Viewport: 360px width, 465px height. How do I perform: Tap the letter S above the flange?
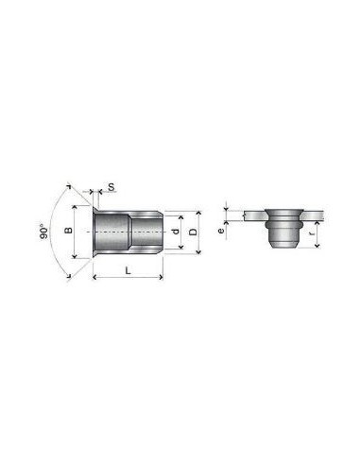click(x=111, y=187)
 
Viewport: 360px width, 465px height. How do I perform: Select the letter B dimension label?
click(x=68, y=231)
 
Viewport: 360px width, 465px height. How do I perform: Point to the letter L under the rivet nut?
click(x=128, y=270)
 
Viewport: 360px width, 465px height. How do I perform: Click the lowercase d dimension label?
click(x=176, y=231)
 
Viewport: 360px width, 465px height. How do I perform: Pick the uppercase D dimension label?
click(x=193, y=232)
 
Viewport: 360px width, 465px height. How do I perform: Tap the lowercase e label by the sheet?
click(x=221, y=231)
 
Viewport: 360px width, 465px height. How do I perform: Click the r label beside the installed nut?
click(x=312, y=233)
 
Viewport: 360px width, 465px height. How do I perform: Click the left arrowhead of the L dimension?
click(x=94, y=277)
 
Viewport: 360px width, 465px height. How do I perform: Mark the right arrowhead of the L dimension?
click(x=162, y=277)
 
